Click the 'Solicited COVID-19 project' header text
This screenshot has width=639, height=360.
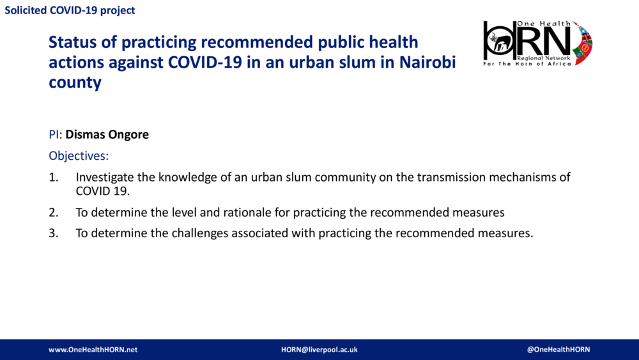pyautogui.click(x=70, y=11)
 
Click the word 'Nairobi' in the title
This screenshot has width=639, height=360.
pyautogui.click(x=428, y=63)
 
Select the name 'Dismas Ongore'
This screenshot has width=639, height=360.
pyautogui.click(x=107, y=135)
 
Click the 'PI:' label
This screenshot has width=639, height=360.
pyautogui.click(x=56, y=135)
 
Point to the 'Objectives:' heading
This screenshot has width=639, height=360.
pyautogui.click(x=79, y=155)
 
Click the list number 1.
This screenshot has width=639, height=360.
pyautogui.click(x=53, y=177)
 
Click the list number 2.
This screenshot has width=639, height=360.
pyautogui.click(x=53, y=212)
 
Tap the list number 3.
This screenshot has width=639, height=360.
pyautogui.click(x=53, y=233)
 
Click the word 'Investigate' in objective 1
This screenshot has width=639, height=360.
pyautogui.click(x=105, y=177)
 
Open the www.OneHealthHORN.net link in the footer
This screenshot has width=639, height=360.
pyautogui.click(x=93, y=350)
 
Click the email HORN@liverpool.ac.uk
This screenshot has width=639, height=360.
pyautogui.click(x=319, y=350)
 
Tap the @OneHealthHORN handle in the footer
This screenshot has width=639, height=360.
pyautogui.click(x=558, y=350)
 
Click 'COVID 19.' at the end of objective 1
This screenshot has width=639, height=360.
pyautogui.click(x=102, y=191)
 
